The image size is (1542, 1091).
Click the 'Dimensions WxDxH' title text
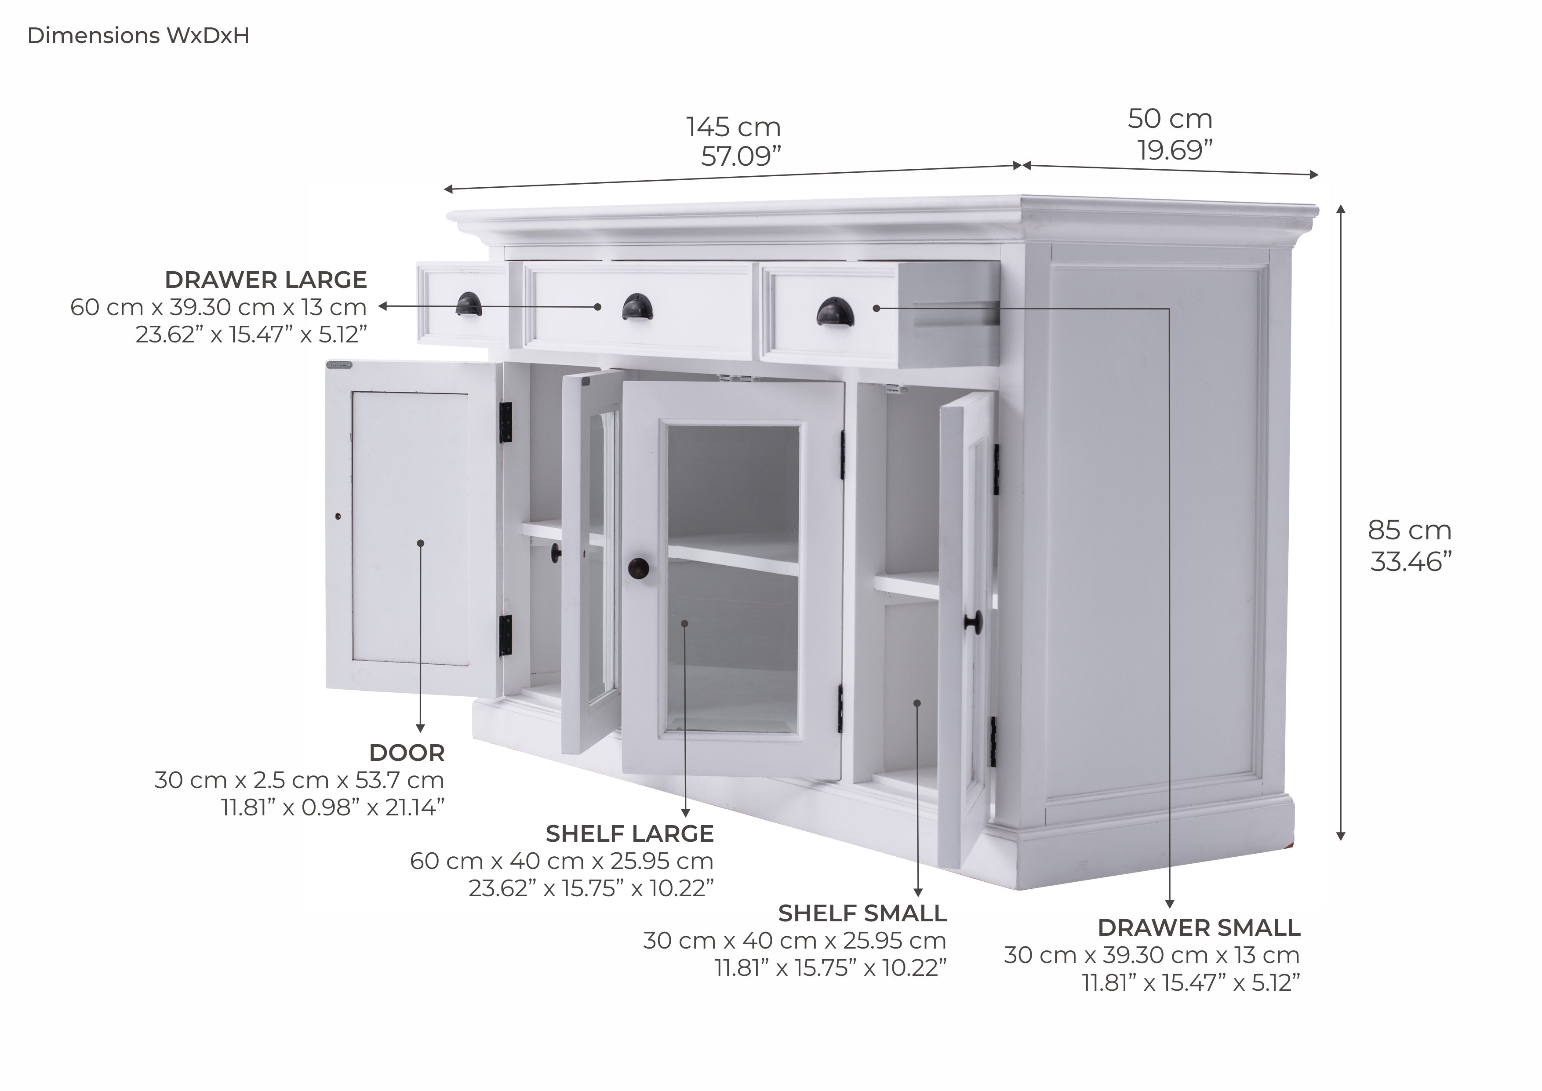(138, 36)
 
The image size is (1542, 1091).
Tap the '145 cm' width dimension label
(733, 127)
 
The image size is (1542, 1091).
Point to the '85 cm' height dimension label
(1409, 531)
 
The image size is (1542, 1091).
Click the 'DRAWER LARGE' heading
(266, 280)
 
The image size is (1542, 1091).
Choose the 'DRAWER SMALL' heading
(1199, 928)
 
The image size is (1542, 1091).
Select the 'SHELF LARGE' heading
(629, 834)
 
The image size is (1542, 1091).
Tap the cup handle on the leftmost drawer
(468, 304)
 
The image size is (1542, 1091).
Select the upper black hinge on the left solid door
(506, 422)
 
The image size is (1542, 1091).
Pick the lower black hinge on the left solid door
(506, 636)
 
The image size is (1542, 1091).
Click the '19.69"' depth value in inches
(1175, 150)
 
